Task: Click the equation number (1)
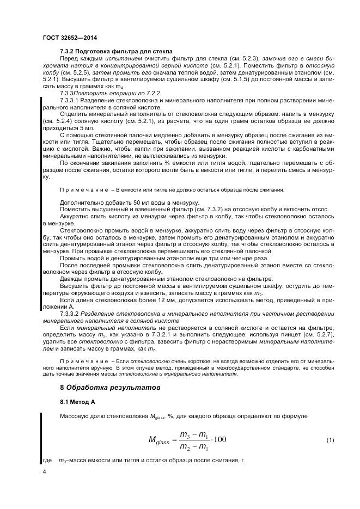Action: [330, 439]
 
